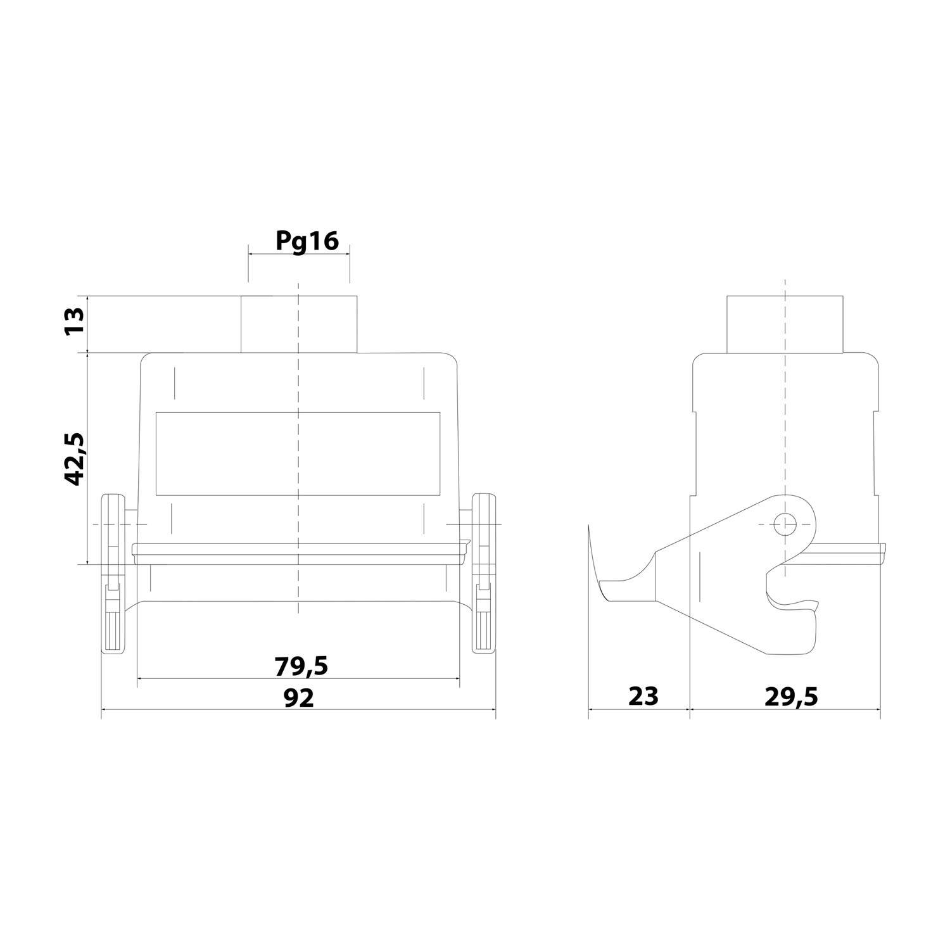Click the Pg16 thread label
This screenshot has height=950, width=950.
pyautogui.click(x=307, y=241)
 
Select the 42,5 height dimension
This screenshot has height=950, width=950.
pyautogui.click(x=74, y=459)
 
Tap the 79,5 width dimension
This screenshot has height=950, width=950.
pyautogui.click(x=301, y=666)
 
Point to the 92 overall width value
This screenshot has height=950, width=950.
pyautogui.click(x=298, y=697)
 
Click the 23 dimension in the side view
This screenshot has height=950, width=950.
pyautogui.click(x=643, y=695)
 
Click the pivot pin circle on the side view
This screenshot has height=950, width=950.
pyautogui.click(x=785, y=524)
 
